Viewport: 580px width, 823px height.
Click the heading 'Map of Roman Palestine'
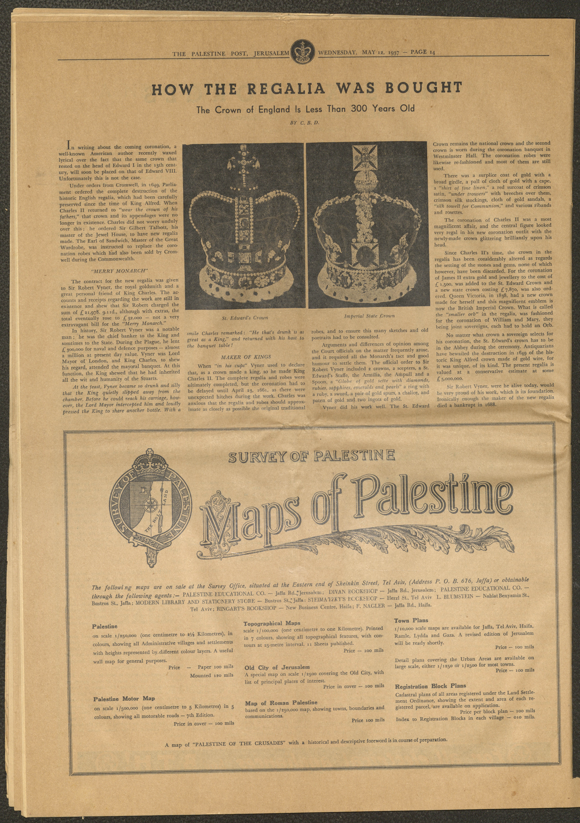281,703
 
